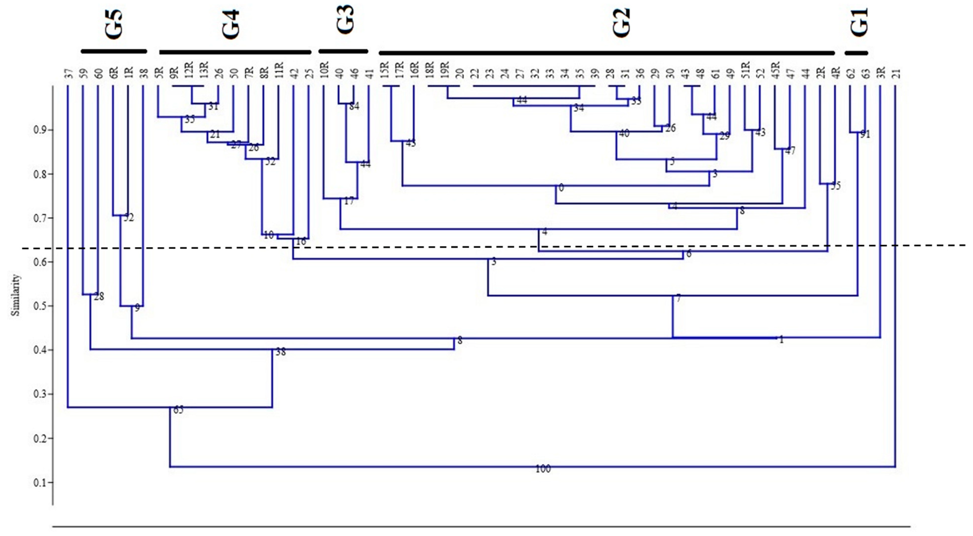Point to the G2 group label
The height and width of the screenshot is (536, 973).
point(621,23)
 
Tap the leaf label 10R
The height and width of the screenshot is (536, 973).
point(325,70)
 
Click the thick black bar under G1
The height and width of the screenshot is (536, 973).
point(856,53)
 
